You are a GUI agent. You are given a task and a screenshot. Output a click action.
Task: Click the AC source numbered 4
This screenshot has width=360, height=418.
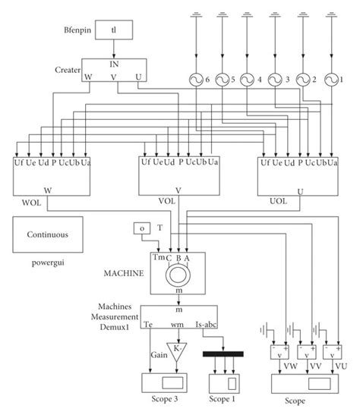(248, 79)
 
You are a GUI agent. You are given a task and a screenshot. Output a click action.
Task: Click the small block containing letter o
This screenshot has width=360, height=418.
(142, 228)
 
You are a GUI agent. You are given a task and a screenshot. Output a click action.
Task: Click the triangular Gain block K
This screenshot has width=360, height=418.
(176, 352)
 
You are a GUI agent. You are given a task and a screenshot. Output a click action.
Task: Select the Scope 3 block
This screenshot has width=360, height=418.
(166, 382)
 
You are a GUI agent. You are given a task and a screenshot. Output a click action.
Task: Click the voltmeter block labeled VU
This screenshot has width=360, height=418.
(331, 353)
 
